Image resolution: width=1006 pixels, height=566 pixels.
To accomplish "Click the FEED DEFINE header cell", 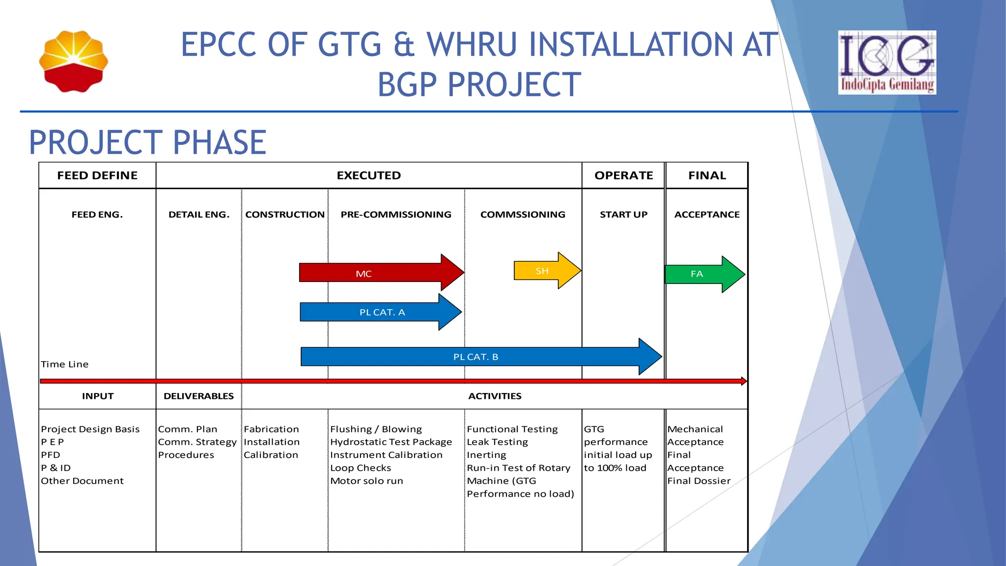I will [x=97, y=175].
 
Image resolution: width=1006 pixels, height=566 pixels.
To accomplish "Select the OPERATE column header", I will [x=623, y=175].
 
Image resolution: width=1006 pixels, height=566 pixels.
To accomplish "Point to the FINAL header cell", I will [x=706, y=175].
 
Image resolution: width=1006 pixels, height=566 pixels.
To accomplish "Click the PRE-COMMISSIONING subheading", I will [x=396, y=215].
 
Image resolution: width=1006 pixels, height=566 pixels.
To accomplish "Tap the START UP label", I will [x=623, y=215].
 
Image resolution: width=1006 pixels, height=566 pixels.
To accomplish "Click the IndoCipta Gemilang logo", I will [x=887, y=62].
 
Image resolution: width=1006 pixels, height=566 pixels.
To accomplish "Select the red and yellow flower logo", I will [x=74, y=61].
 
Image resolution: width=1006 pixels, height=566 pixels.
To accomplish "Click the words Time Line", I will [x=65, y=364].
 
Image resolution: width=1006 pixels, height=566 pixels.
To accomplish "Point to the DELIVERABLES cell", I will [x=198, y=396].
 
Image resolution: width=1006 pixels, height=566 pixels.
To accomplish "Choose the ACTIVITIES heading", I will [x=495, y=396].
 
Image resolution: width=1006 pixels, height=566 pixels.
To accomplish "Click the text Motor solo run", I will [x=366, y=481].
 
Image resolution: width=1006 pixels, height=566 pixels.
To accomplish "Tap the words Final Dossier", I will [x=699, y=481].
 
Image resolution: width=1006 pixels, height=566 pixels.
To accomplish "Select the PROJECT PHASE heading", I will [x=147, y=142].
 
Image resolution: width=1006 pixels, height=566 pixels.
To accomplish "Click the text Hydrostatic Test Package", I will [x=391, y=442].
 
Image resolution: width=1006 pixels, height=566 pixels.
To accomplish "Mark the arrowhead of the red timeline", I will [x=744, y=381].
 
